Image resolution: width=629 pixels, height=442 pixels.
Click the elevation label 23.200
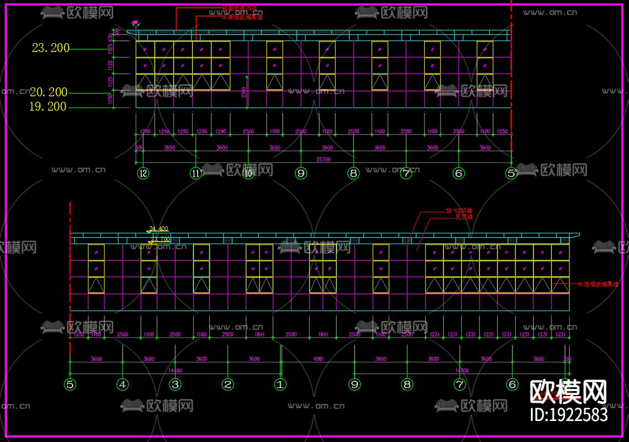click(x=51, y=48)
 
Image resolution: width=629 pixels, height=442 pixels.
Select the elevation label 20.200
click(x=49, y=92)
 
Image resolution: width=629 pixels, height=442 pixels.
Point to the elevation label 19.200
click(x=47, y=107)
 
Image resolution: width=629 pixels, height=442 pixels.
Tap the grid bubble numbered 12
click(x=143, y=174)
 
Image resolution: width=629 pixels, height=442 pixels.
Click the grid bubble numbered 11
click(x=195, y=174)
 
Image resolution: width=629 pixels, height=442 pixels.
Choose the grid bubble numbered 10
click(x=249, y=174)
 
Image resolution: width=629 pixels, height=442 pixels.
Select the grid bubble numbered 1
click(x=281, y=384)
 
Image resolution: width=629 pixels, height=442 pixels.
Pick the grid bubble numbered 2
click(x=228, y=384)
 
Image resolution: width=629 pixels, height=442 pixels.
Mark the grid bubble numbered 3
click(x=175, y=384)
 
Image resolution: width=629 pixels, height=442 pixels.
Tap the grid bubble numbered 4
click(x=123, y=384)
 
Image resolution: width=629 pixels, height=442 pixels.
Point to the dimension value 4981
click(x=319, y=359)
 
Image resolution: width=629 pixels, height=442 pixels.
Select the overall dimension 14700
click(x=459, y=370)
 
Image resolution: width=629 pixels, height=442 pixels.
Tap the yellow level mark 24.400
click(x=158, y=228)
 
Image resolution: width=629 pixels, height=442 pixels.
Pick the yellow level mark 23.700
click(x=161, y=240)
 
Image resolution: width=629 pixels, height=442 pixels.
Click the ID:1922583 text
click(x=568, y=414)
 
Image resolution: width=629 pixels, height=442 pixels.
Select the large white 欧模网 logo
click(x=568, y=392)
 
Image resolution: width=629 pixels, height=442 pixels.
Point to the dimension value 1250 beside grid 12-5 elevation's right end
click(x=502, y=132)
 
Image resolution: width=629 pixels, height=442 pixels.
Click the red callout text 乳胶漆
click(x=464, y=217)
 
